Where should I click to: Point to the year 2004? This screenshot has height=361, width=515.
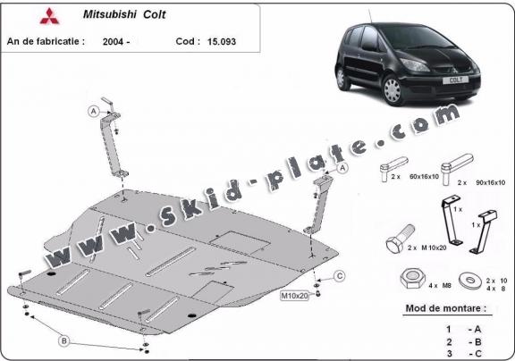pyautogui.click(x=114, y=40)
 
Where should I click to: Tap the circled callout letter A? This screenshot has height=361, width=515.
pyautogui.click(x=93, y=111)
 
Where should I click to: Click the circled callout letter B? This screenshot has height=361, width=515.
pyautogui.click(x=63, y=340)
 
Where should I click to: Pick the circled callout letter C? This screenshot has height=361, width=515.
pyautogui.click(x=340, y=274)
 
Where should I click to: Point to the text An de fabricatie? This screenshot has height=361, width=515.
pyautogui.click(x=46, y=40)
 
